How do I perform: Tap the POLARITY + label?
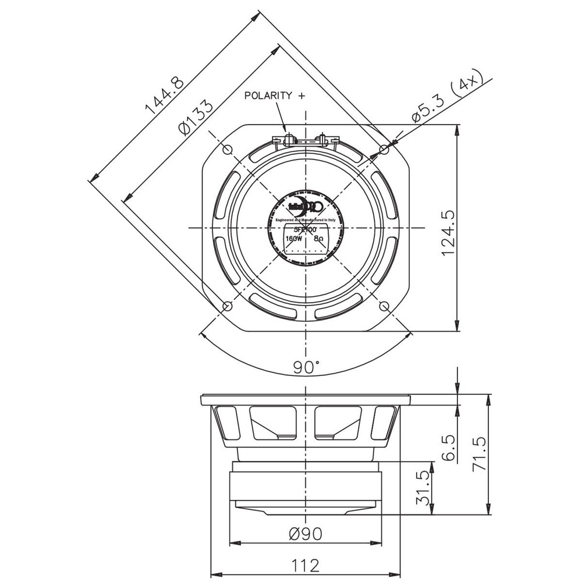pos(274,96)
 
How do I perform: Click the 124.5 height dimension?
pos(447,228)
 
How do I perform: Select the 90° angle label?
pos(306,367)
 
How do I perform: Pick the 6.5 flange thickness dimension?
pos(447,448)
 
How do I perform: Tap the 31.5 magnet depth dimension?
pos(424,488)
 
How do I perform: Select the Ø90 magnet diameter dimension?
pos(306,533)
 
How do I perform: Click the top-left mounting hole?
pos(228,150)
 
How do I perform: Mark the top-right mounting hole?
pos(384,150)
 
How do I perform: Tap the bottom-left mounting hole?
pos(228,306)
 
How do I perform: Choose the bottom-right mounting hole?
pos(384,306)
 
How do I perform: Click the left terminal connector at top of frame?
pos(285,139)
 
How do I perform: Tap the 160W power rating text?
pos(294,239)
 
